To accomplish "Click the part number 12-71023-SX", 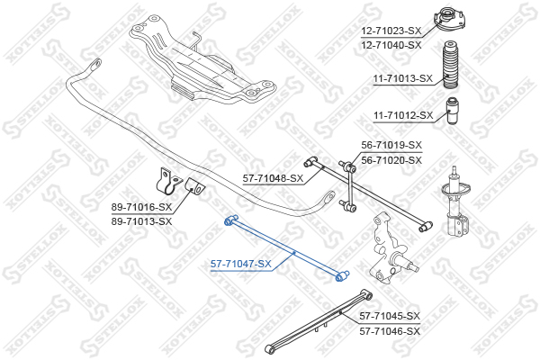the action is (x=391, y=31).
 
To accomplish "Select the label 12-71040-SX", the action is (x=391, y=45).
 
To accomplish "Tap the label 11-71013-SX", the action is (x=403, y=79).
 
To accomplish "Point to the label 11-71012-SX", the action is (x=403, y=115).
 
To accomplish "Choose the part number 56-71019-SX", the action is (x=391, y=146).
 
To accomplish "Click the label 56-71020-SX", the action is (x=391, y=160).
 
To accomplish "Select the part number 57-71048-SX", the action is (x=273, y=178).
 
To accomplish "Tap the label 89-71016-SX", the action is (x=141, y=207).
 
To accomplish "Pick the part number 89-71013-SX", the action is (x=141, y=221).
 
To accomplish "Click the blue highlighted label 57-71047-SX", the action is (x=241, y=265).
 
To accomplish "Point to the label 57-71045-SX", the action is (x=390, y=316).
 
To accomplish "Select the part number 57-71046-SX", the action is (x=390, y=331).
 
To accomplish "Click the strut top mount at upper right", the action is (x=449, y=21).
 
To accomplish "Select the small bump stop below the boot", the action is (x=452, y=112).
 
